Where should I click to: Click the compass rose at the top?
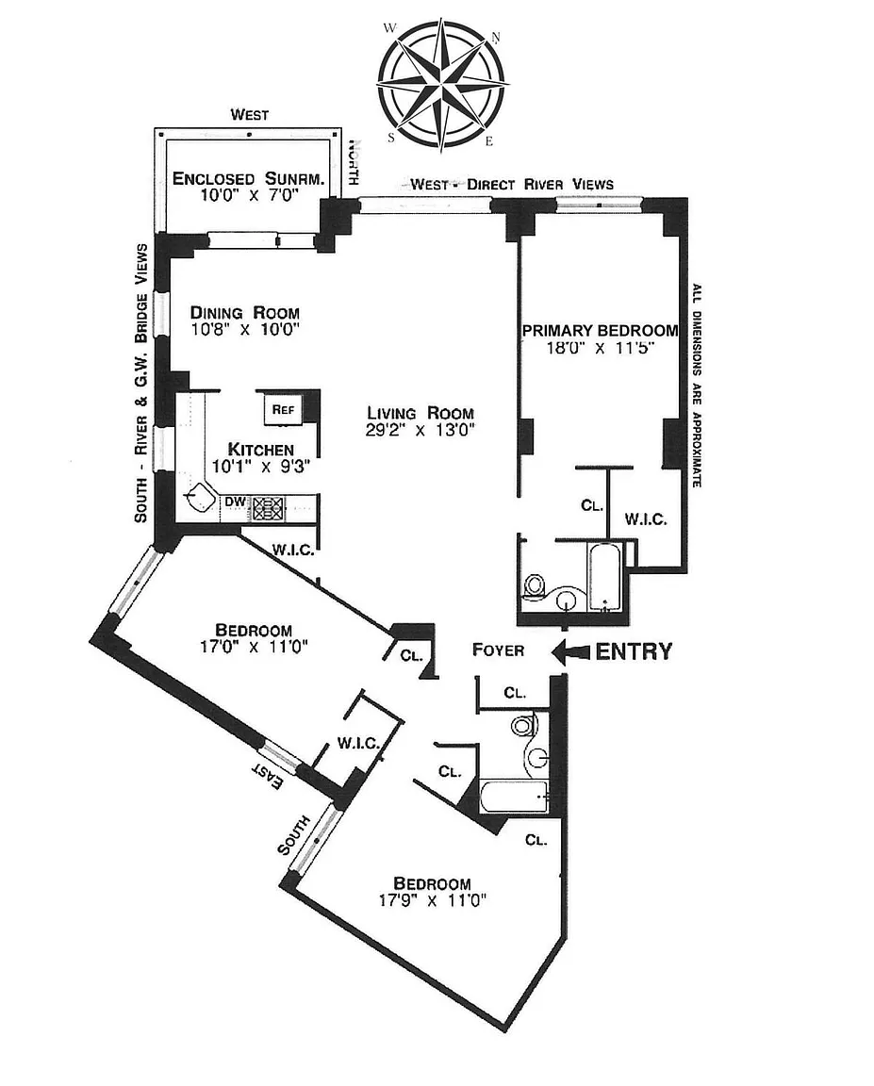440,87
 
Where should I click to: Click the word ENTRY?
634,650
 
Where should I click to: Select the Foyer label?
498,650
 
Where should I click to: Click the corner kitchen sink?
201,498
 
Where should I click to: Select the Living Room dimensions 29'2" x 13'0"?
420,431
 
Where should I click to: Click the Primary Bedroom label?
600,330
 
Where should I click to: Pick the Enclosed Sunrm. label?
248,179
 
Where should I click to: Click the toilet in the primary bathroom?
535,586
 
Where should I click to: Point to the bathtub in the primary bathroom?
602,576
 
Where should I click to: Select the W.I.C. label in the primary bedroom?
647,518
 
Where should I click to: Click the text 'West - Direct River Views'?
511,184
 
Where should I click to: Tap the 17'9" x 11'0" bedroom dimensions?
432,900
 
